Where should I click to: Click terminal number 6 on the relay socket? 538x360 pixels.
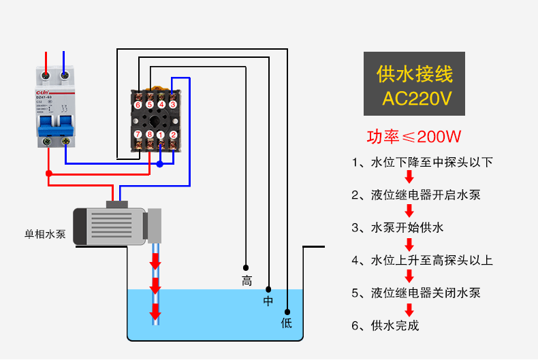(x=138, y=105)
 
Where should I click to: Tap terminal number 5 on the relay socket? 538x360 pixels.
(x=149, y=105)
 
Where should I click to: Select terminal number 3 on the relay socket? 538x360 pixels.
(x=173, y=105)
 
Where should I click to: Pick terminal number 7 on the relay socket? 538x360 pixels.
(x=138, y=134)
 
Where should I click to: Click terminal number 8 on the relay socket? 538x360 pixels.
(x=149, y=134)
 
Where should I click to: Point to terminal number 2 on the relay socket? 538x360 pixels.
(x=173, y=134)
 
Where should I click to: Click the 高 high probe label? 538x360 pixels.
(x=247, y=281)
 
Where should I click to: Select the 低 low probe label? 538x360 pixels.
(x=287, y=323)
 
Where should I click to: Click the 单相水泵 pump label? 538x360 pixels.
(x=45, y=234)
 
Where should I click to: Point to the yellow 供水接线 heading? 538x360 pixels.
(x=415, y=73)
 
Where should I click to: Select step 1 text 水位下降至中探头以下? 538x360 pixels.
(x=422, y=163)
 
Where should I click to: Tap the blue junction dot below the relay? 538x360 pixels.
(x=160, y=164)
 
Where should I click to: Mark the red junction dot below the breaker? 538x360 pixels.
(x=48, y=174)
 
